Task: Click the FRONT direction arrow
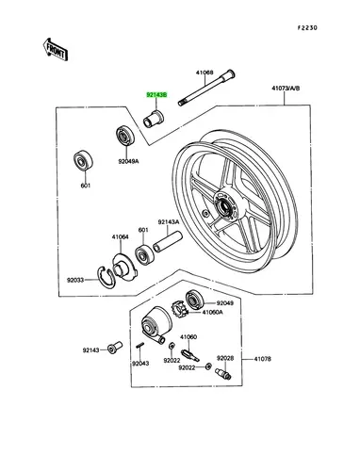(56, 49)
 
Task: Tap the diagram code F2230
(307, 28)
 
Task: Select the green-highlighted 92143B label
(156, 94)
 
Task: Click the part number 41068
(205, 73)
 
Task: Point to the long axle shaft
(206, 88)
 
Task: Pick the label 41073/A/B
(286, 89)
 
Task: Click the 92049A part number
(128, 161)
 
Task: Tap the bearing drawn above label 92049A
(125, 136)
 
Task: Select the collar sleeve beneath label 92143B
(154, 119)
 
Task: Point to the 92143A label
(169, 222)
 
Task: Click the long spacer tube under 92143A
(167, 241)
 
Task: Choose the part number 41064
(120, 237)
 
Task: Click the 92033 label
(75, 280)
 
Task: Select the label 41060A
(213, 312)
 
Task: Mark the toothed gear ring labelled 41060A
(179, 308)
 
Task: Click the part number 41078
(263, 359)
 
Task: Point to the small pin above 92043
(139, 345)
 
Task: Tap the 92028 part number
(225, 358)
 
